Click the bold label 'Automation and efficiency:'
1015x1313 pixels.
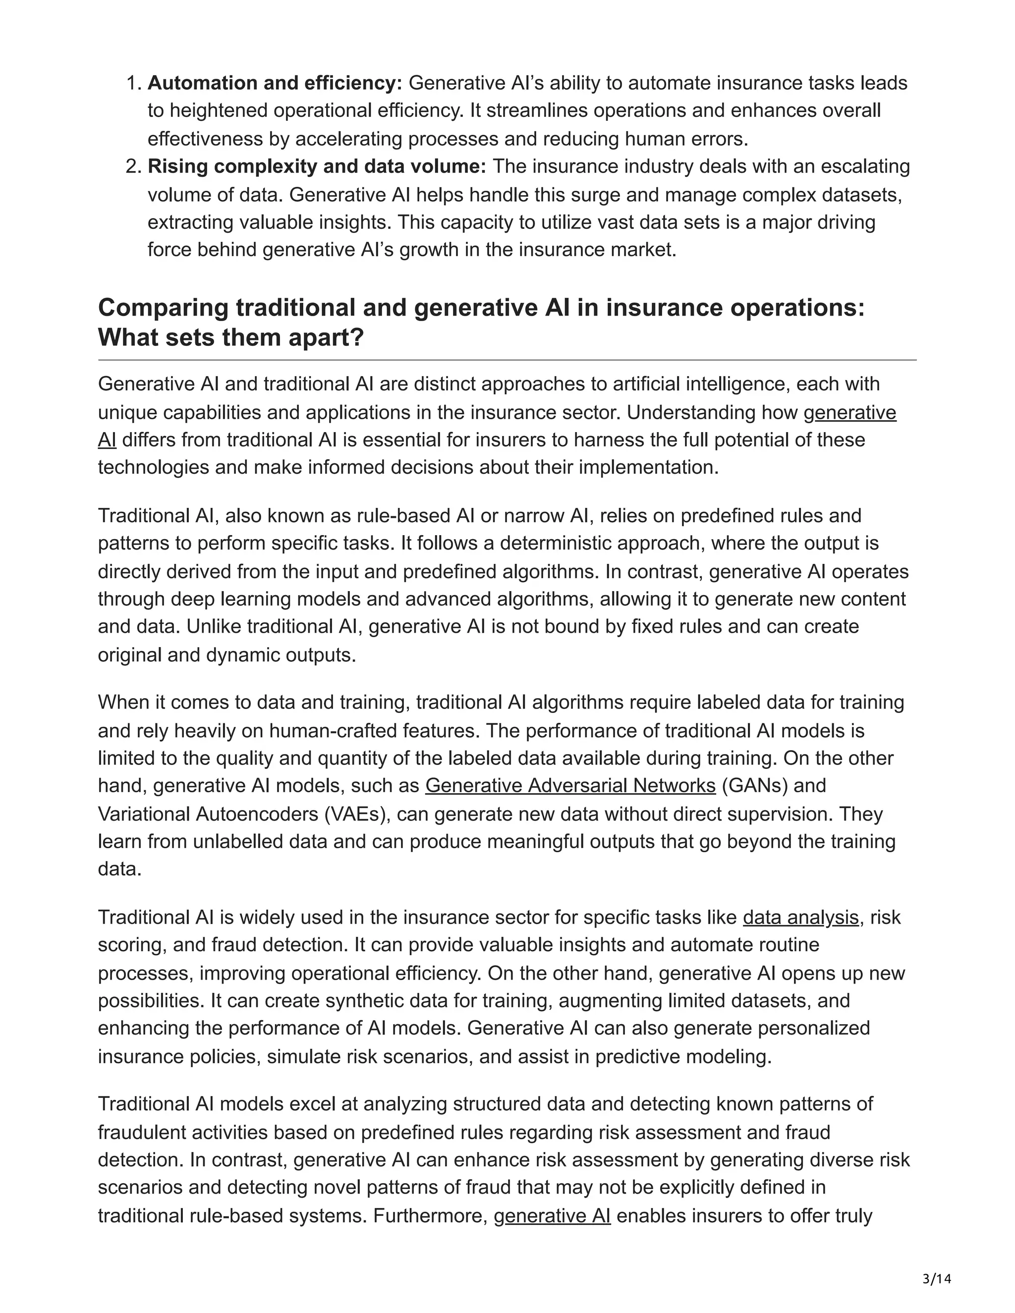click(x=274, y=83)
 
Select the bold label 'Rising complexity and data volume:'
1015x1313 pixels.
click(x=317, y=166)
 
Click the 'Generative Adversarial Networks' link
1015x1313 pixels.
click(x=570, y=786)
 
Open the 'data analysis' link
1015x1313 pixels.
click(x=800, y=918)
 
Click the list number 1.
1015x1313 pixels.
click(x=133, y=83)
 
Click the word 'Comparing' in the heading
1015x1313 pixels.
click(x=163, y=308)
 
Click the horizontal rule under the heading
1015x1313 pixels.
click(x=507, y=360)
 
